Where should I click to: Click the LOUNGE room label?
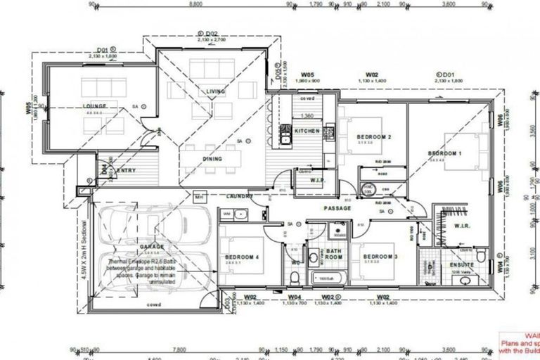click(93, 106)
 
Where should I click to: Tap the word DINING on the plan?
click(212, 159)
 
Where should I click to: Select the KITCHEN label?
click(307, 131)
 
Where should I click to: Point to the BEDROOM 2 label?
click(374, 136)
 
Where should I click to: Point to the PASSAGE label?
click(337, 209)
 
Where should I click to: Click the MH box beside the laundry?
click(198, 196)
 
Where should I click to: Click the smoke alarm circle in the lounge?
click(143, 106)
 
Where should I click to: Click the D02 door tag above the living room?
click(212, 33)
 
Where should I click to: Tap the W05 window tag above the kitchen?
click(307, 74)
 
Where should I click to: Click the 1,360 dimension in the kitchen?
click(307, 116)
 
